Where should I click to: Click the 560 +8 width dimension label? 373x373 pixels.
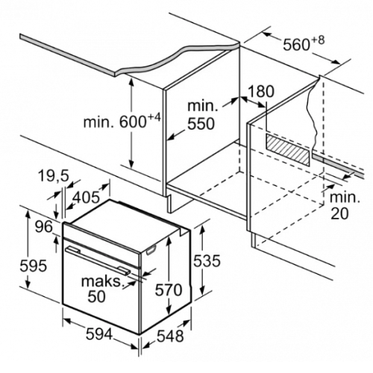pos(304,43)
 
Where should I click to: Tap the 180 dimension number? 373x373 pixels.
pos(261,91)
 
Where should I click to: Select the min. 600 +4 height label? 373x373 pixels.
pos(122,121)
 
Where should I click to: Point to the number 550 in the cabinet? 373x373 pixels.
pos(201,124)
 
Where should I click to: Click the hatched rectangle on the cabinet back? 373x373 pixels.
pos(288,150)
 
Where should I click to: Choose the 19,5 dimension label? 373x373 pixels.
pos(54,176)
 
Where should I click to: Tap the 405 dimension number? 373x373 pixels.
pos(87,198)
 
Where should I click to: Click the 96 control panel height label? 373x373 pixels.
pos(44,227)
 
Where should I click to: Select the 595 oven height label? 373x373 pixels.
pos(34,266)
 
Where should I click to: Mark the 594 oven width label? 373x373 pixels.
pos(99,334)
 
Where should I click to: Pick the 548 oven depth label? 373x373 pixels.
pos(170,336)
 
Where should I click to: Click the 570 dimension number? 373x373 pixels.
pos(169,290)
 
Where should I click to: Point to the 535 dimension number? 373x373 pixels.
pos(207,261)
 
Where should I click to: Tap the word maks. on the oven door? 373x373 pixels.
pos(103,281)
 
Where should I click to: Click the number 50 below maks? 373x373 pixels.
pos(97,297)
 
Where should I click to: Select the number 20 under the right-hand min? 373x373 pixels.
pos(339,213)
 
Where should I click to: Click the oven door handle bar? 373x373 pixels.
pos(98,260)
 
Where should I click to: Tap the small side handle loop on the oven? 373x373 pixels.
pos(151,250)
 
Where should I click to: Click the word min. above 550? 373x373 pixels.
pos(203,106)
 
